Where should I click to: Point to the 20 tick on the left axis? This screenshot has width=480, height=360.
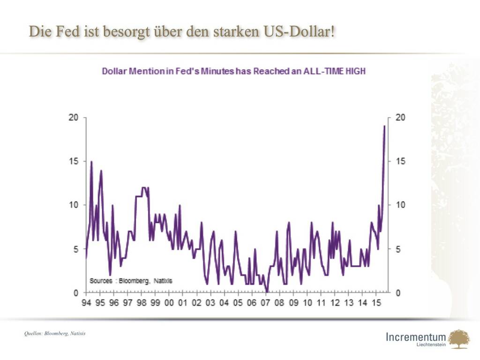tap(74, 117)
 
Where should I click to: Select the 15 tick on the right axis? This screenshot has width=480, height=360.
tap(401, 161)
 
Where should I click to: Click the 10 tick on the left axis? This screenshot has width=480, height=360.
tap(74, 205)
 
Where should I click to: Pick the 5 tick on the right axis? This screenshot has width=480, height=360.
tap(399, 249)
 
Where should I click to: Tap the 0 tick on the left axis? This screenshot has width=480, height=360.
tap(76, 293)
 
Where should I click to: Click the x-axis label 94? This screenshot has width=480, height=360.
tap(86, 303)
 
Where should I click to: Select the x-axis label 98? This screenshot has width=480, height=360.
tap(142, 303)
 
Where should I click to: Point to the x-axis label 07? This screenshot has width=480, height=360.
tap(266, 303)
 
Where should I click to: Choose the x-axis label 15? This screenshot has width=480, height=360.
tap(376, 303)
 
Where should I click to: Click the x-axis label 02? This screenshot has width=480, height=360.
tap(196, 303)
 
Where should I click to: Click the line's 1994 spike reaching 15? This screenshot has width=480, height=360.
tap(91, 161)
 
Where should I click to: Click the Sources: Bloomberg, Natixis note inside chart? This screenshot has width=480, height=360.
tap(131, 281)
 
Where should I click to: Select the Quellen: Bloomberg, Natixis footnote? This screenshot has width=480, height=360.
tap(55, 334)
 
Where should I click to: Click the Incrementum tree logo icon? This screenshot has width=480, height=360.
tap(458, 338)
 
